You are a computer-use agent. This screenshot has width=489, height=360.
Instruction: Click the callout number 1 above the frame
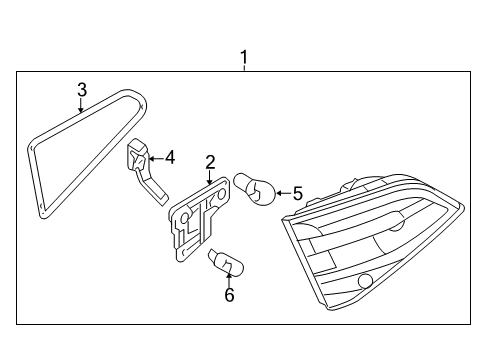coord(244,57)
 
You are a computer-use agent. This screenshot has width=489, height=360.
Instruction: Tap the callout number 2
coord(210,162)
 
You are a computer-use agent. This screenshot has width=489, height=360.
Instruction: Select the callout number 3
coord(82,89)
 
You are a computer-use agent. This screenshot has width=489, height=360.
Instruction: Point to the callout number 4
coord(170,157)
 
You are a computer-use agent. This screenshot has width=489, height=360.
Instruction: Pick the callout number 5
coord(298,193)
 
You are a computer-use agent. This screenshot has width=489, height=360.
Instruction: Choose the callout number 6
coord(229,295)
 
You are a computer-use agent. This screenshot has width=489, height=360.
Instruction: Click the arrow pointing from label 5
coord(283,193)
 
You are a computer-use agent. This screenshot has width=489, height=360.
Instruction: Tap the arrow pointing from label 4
coord(155,158)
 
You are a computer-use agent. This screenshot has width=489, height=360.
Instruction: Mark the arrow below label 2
coord(209,177)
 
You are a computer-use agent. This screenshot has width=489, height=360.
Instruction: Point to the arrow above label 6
coord(229,280)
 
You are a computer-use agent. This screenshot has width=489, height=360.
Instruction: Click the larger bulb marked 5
coord(255,189)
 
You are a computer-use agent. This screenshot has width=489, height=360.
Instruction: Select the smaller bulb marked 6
coord(226,263)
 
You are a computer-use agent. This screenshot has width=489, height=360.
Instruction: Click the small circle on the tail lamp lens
coord(365,281)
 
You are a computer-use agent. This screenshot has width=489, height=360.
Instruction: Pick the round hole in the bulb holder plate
coord(184,219)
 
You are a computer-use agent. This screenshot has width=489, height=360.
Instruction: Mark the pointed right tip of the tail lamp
coord(463,205)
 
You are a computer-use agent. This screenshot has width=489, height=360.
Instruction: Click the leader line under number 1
coord(244,68)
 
